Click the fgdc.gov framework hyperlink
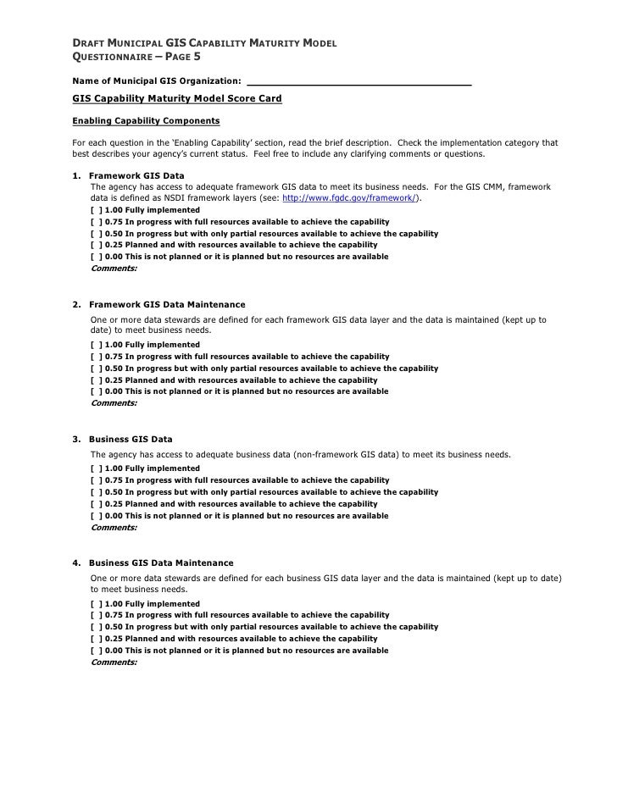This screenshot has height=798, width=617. pyautogui.click(x=350, y=197)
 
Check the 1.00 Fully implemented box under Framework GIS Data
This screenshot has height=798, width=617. pyautogui.click(x=96, y=209)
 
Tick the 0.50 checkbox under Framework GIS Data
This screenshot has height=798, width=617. pyautogui.click(x=96, y=233)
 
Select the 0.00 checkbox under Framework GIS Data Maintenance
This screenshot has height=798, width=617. pyautogui.click(x=96, y=392)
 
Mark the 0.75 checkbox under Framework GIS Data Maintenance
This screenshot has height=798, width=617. pyautogui.click(x=96, y=357)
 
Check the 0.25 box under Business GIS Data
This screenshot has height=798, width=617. pyautogui.click(x=96, y=504)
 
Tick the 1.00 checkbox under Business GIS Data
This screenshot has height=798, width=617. pyautogui.click(x=96, y=468)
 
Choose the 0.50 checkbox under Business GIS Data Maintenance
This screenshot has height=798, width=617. pyautogui.click(x=96, y=627)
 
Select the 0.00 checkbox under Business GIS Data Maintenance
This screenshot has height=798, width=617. pyautogui.click(x=96, y=651)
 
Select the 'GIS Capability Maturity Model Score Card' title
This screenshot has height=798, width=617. pyautogui.click(x=177, y=100)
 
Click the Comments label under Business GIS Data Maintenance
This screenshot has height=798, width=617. pyautogui.click(x=114, y=662)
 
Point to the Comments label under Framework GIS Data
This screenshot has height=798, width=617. pyautogui.click(x=114, y=269)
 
